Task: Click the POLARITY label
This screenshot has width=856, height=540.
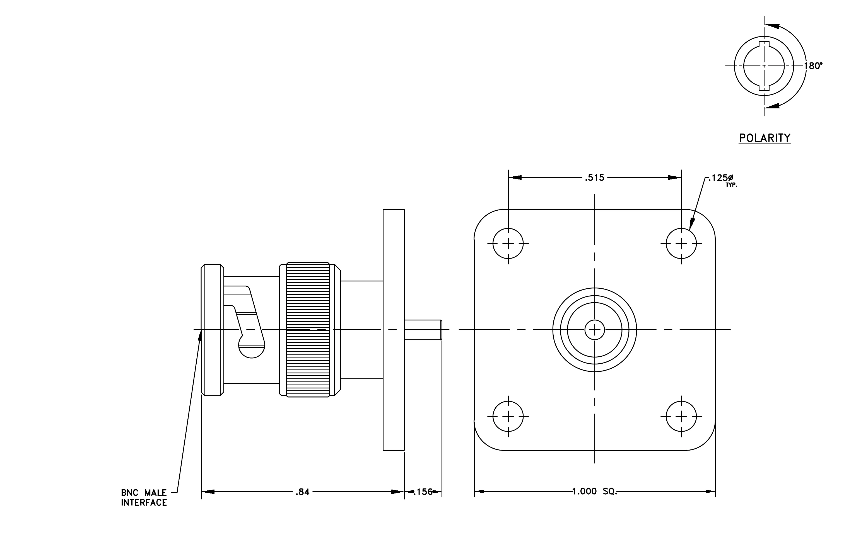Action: (765, 138)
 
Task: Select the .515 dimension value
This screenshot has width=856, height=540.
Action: (595, 177)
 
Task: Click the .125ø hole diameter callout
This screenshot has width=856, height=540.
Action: (720, 178)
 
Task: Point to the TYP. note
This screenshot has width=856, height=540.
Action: (731, 185)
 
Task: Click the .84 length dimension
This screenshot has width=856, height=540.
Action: (303, 492)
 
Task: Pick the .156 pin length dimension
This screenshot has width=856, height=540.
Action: (423, 492)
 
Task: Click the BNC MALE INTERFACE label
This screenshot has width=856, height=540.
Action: (144, 497)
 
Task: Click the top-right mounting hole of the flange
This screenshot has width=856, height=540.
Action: (681, 243)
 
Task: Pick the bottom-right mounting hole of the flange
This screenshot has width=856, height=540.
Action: (681, 416)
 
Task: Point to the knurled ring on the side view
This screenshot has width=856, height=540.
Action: (308, 330)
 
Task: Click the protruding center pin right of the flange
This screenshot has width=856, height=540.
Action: (423, 330)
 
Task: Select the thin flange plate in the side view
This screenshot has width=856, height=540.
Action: (394, 330)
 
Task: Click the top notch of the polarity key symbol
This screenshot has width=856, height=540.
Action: (764, 44)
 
